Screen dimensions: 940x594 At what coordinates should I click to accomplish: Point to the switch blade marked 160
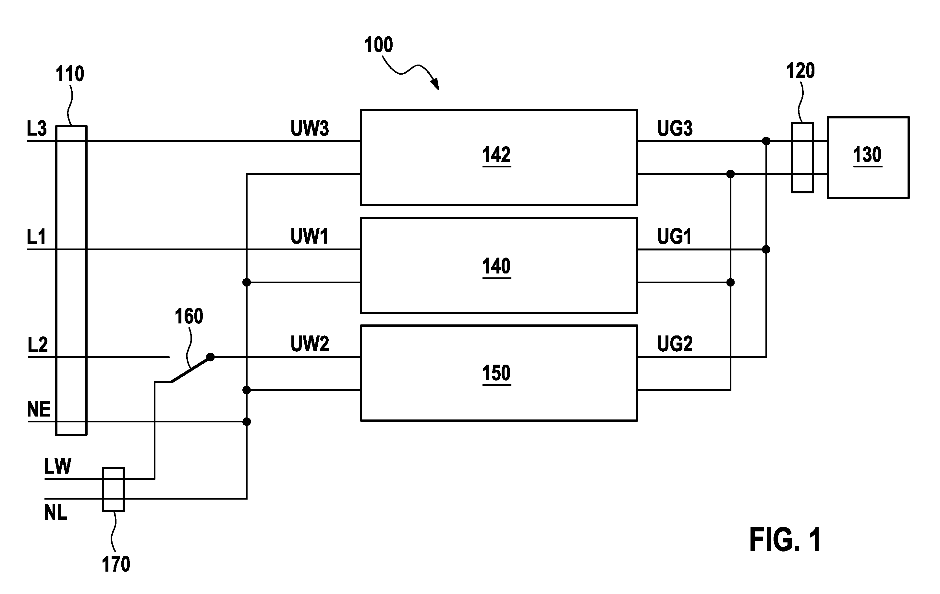pyautogui.click(x=191, y=369)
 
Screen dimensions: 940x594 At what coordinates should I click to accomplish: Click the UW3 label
pyautogui.click(x=310, y=128)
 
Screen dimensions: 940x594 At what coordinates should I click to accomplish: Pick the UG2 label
pyautogui.click(x=675, y=344)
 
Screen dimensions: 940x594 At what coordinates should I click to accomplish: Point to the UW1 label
pyautogui.click(x=309, y=236)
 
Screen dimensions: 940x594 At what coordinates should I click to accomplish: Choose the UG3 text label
pyautogui.click(x=675, y=128)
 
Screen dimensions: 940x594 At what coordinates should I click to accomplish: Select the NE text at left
pyautogui.click(x=39, y=409)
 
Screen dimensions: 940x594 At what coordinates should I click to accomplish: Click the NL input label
pyautogui.click(x=55, y=513)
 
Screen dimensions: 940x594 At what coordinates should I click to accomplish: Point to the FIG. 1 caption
pyautogui.click(x=785, y=539)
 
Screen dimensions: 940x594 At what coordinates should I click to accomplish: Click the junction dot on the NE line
pyautogui.click(x=247, y=421)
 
